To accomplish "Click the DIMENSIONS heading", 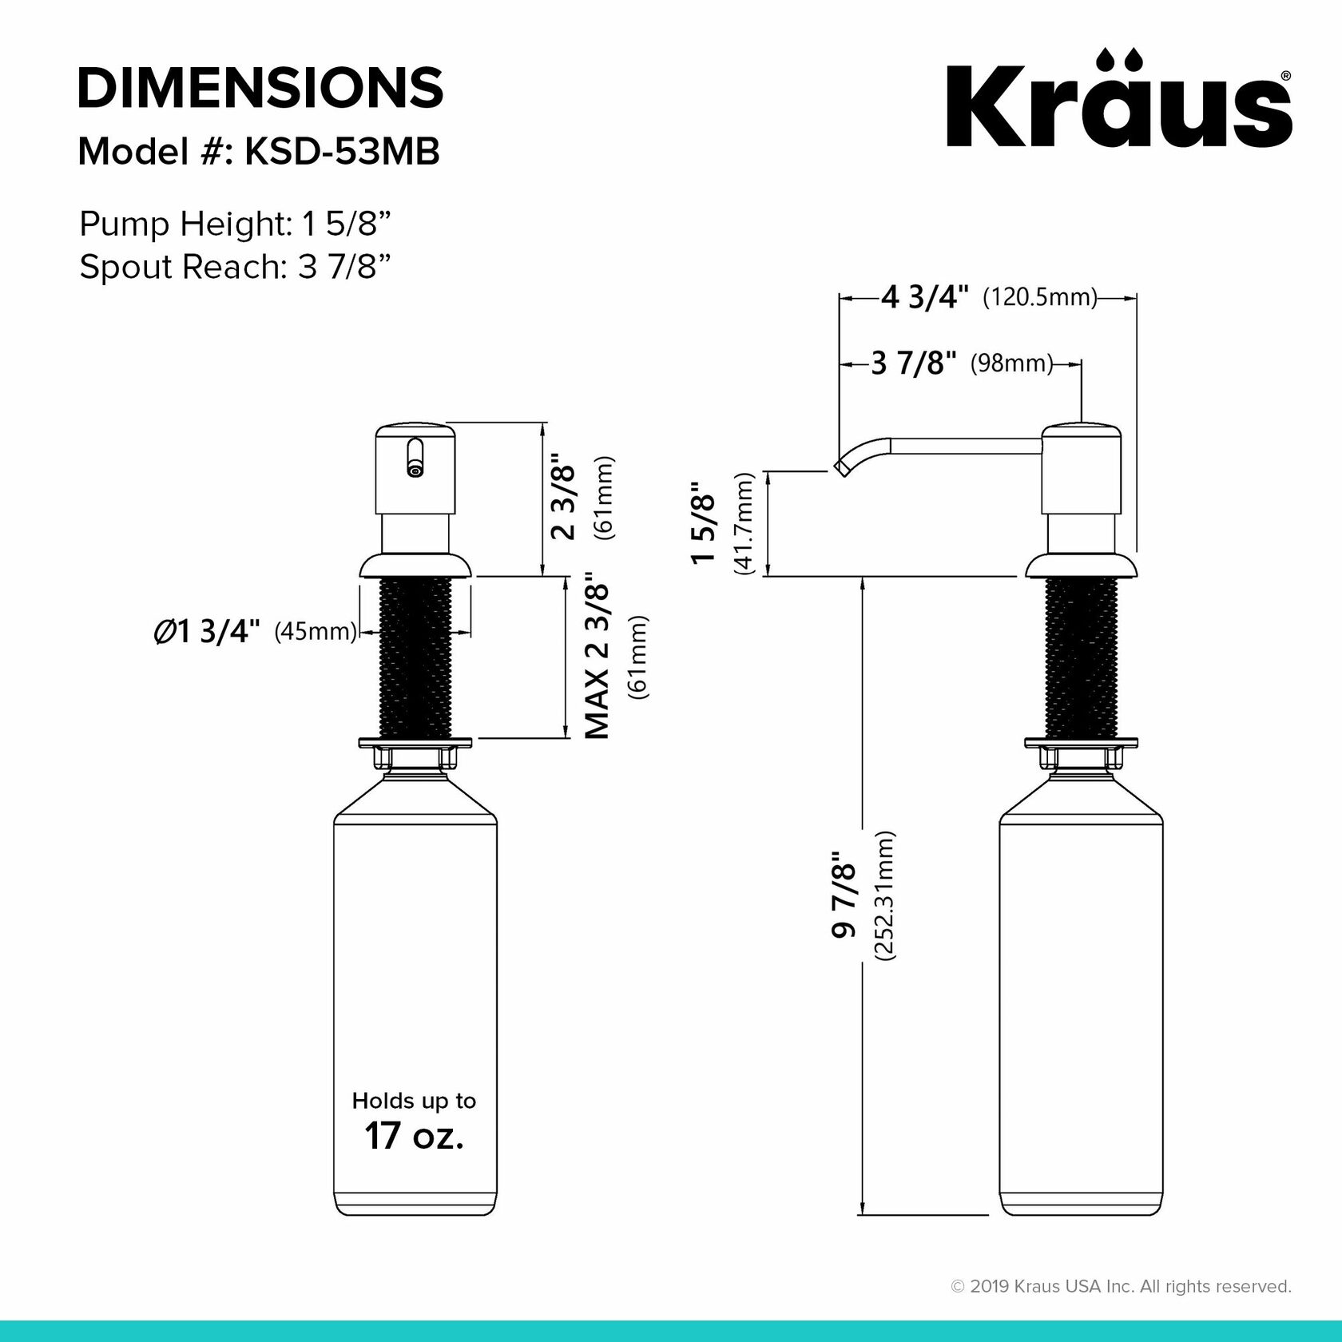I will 260,88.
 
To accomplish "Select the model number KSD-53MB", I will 341,151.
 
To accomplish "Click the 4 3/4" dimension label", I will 924,298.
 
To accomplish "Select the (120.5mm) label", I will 1039,298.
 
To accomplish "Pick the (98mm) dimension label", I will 1011,364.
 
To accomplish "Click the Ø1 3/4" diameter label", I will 207,632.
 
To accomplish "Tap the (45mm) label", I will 315,632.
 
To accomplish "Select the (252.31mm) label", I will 884,895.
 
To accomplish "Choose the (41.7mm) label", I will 744,524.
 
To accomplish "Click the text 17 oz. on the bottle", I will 414,1135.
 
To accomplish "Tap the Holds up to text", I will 414,1101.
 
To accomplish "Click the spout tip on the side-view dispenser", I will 840,467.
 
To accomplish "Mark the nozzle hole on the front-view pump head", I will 415,471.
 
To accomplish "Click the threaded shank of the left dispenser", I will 414,659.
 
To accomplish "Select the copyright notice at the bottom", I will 1121,1287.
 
